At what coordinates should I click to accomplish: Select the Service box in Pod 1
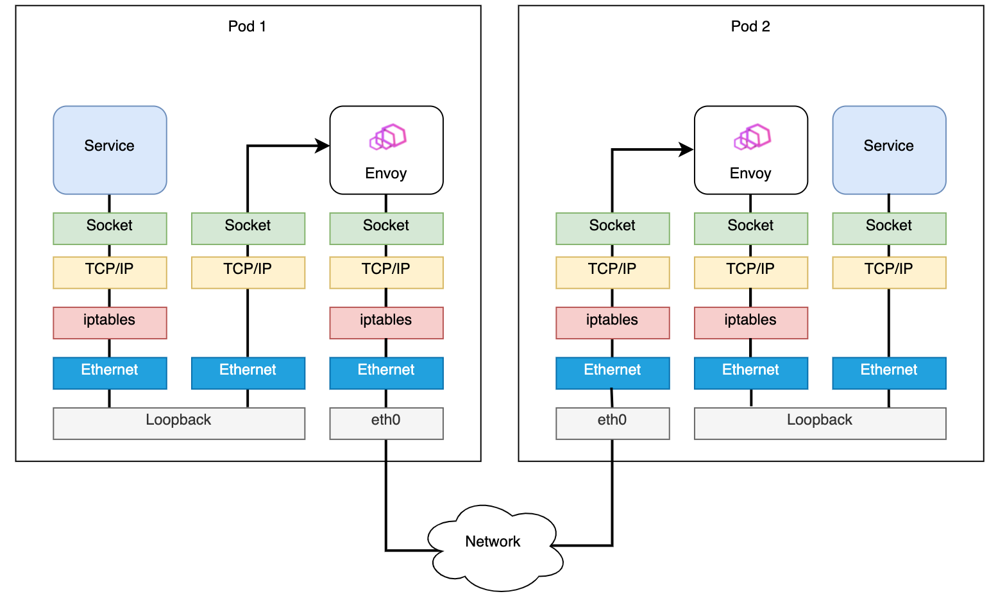pos(110,149)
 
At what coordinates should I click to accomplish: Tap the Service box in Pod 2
pos(889,149)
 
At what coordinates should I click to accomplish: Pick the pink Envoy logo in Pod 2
pos(752,137)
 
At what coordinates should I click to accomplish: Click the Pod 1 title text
pos(247,26)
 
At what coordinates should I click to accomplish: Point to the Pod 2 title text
pos(750,26)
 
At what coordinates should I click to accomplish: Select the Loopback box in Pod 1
pos(178,423)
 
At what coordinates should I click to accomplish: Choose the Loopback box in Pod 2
pos(820,423)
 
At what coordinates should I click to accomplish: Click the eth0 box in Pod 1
pos(386,423)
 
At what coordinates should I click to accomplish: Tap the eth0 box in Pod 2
pos(613,423)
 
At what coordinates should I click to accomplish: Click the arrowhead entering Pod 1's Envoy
pos(323,146)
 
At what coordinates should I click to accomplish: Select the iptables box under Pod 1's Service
pos(110,323)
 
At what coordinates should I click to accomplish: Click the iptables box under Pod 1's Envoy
pos(386,323)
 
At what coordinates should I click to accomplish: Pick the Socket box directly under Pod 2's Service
pos(889,228)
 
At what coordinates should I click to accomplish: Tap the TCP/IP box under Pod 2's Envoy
pos(750,272)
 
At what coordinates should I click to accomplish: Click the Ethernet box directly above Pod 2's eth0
pos(613,373)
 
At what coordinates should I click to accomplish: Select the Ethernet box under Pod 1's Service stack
pos(110,373)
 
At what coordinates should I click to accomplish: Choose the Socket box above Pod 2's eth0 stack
pos(613,228)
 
